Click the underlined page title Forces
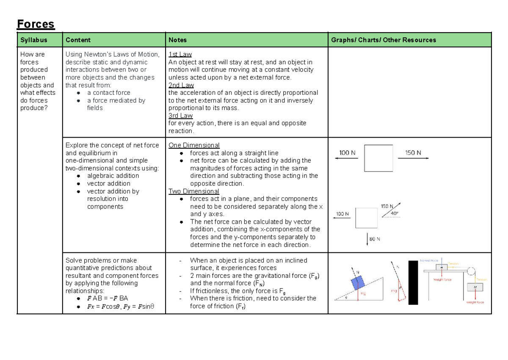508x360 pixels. click(36, 24)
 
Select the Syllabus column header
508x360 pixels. click(33, 40)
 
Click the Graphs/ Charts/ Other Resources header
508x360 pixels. click(383, 40)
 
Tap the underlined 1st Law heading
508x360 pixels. click(180, 54)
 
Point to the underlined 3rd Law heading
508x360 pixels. click(180, 116)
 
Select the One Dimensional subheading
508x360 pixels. click(194, 145)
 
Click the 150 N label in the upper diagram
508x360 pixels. click(413, 152)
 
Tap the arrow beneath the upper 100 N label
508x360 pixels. click(346, 158)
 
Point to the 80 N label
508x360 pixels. click(375, 239)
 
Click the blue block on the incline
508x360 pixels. click(358, 282)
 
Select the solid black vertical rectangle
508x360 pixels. click(413, 282)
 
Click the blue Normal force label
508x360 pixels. click(430, 261)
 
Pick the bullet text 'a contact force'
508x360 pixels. click(108, 93)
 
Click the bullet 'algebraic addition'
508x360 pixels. click(113, 176)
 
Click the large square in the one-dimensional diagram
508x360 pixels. click(378, 158)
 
